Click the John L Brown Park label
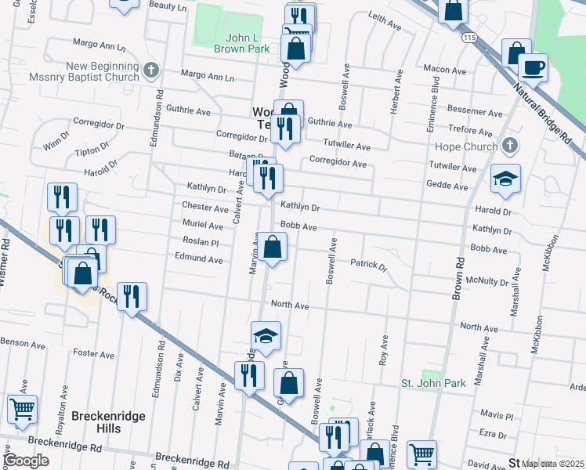point(242,42)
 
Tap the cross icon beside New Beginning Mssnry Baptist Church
point(151,72)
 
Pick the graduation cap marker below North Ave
point(266,334)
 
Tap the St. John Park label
point(433,383)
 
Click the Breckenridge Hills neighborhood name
point(108,422)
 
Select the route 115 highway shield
point(469,38)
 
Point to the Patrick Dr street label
point(368,266)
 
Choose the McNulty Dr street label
point(488,279)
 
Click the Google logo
point(26,460)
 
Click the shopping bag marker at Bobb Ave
point(271,248)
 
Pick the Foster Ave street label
point(94,353)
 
